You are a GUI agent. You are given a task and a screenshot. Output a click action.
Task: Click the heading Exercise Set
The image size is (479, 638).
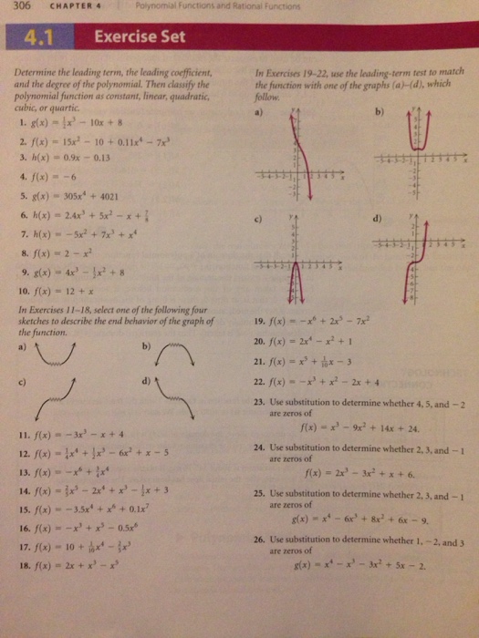coord(141,37)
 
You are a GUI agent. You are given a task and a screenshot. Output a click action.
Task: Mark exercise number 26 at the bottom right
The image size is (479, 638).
coord(260,540)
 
